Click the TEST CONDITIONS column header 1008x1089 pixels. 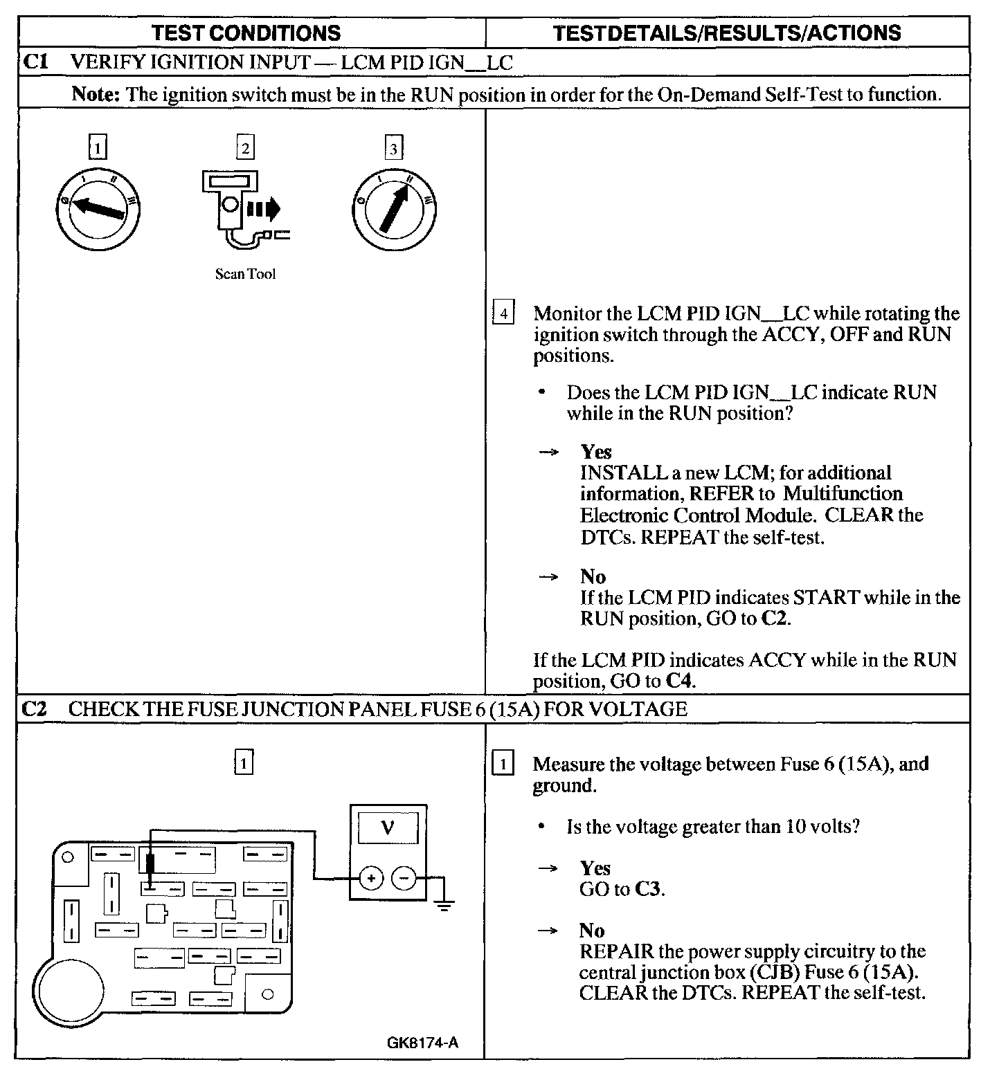246,33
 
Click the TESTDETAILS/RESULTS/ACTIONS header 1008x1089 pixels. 728,33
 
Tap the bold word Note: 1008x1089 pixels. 96,93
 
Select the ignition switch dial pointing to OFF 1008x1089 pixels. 98,208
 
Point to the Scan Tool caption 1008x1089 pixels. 245,274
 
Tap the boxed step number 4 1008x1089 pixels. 503,313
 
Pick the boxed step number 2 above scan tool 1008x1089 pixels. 245,147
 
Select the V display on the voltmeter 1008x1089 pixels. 388,827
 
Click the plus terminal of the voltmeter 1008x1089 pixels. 371,879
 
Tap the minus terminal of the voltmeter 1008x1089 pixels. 404,879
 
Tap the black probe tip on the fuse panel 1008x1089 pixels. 151,865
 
